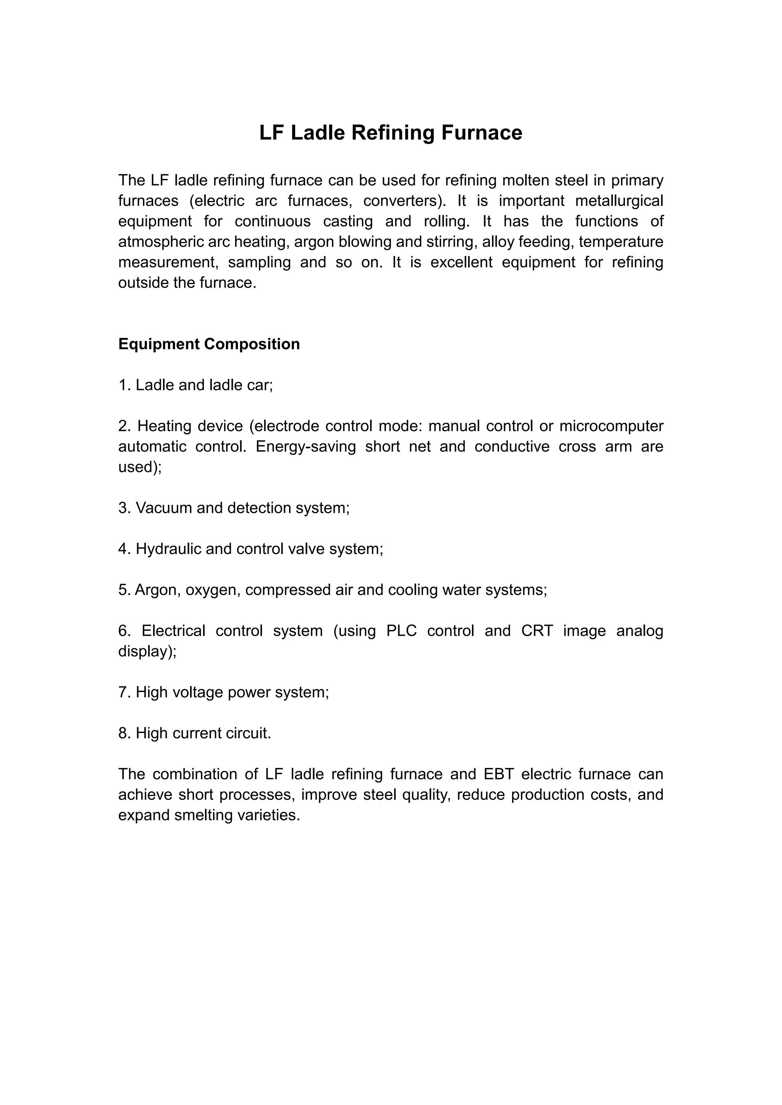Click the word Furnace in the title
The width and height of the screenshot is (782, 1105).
[x=481, y=133]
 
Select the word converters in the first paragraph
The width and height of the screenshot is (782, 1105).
[x=404, y=201]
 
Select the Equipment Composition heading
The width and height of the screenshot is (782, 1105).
[x=209, y=344]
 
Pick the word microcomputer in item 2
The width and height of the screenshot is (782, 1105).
[x=611, y=426]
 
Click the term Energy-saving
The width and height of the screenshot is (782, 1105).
[x=306, y=447]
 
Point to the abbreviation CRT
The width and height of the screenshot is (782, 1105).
[x=537, y=631]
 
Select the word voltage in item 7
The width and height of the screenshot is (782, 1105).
[x=197, y=693]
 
